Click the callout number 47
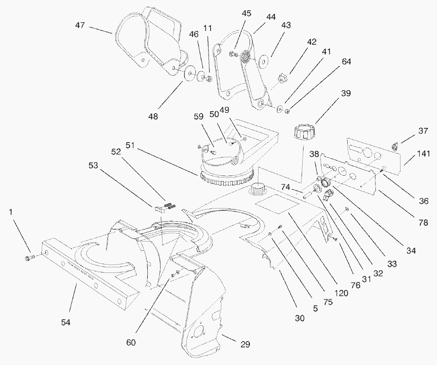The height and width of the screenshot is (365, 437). [80, 25]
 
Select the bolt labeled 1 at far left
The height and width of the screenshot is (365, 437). [29, 259]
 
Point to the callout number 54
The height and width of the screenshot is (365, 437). [66, 322]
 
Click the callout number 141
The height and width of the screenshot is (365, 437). [423, 154]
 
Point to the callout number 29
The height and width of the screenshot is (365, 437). [245, 344]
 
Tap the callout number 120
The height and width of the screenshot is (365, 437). [341, 294]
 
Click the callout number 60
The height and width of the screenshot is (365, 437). [131, 342]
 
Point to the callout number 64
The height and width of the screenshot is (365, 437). [346, 62]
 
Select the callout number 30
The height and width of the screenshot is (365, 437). [300, 318]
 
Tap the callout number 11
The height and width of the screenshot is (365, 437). [208, 29]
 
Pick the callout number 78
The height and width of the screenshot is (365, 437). [423, 223]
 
